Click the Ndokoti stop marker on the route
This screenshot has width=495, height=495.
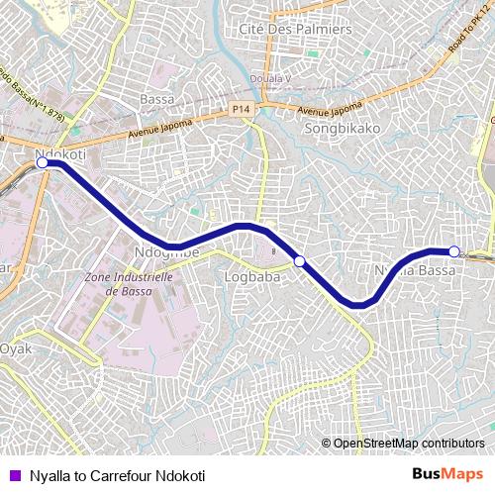point(43,163)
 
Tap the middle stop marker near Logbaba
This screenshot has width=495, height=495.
point(299,260)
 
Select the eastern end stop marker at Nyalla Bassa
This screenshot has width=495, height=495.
point(453,250)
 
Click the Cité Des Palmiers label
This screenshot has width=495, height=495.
point(296,30)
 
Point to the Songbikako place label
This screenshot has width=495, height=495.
point(343,128)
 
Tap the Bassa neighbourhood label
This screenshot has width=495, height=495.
point(157,100)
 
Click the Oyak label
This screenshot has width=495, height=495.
point(16,348)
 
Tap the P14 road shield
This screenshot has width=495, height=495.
point(241,107)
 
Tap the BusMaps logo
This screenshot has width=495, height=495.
point(447,475)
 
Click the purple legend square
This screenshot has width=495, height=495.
point(13,476)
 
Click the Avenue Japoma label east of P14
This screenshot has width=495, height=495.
point(331,110)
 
